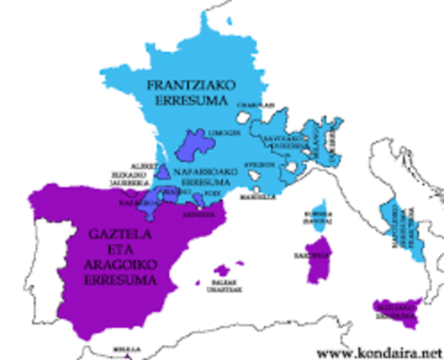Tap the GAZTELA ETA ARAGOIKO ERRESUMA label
118,257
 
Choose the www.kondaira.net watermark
378,352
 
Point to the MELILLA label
121,349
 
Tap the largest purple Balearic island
222,271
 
